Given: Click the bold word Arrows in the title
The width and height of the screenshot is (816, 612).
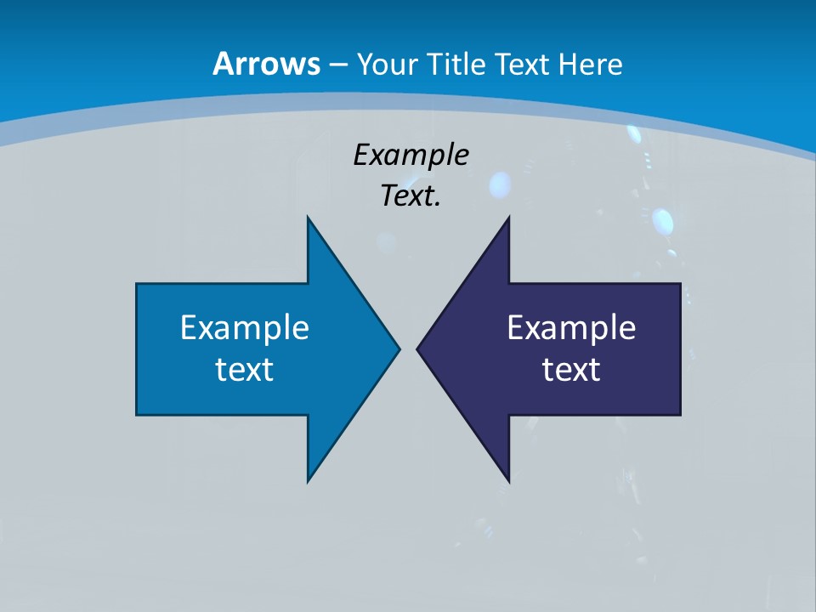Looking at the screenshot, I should point(265,64).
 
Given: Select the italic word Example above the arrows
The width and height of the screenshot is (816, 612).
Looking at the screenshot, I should point(411,156).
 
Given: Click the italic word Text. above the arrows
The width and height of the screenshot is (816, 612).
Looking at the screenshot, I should point(411,196).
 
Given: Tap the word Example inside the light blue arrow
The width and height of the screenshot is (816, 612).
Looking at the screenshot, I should point(245,328).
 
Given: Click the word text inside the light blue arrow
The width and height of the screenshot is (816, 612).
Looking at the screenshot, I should point(245,369).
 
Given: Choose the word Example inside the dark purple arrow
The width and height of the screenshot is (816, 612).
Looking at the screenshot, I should point(571,328).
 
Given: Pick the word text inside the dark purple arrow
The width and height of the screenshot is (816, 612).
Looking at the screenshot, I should point(571,369).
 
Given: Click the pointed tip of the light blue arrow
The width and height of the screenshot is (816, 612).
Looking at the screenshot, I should point(399,348).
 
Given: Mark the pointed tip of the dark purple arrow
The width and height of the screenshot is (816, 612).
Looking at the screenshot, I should point(417,348).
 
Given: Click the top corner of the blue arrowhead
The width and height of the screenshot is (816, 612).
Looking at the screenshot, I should point(308,217).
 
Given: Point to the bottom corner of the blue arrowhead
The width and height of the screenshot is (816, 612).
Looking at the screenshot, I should point(308,481).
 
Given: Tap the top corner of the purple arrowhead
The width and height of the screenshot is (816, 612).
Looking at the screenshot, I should point(508,217).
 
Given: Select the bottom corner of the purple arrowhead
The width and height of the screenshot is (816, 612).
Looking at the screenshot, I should point(508,481).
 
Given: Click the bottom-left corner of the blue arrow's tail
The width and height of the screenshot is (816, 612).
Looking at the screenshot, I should point(137,415).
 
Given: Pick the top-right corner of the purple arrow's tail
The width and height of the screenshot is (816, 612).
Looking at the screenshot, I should point(680,284).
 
